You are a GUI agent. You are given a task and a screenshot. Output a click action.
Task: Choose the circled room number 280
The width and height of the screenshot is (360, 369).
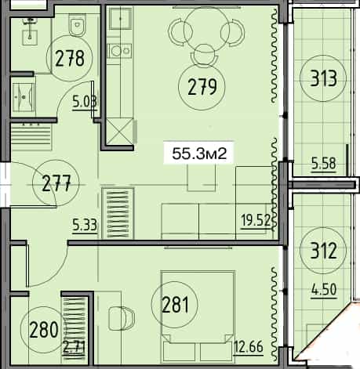44,328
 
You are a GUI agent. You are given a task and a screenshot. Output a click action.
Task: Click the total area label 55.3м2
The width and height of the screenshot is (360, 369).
199,154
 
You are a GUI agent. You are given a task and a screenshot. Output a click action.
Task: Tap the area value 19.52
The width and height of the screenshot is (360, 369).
257,220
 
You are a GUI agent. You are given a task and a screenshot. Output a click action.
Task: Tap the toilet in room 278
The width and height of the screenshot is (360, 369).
76,27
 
